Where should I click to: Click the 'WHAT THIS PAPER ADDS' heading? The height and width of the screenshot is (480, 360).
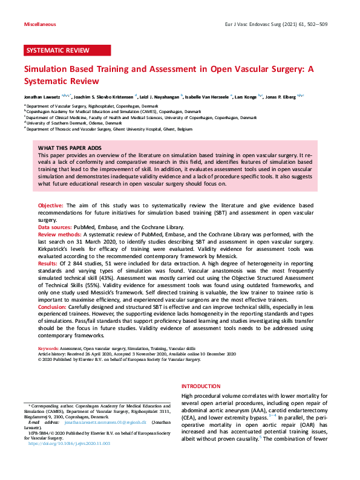tap(70, 148)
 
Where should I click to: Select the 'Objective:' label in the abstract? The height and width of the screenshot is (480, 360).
tap(51, 206)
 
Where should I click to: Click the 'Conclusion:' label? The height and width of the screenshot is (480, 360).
tap(53, 308)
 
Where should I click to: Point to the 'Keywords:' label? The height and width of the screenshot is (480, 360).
tap(48, 349)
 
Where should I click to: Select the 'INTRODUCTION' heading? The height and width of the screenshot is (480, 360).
tap(201, 386)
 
